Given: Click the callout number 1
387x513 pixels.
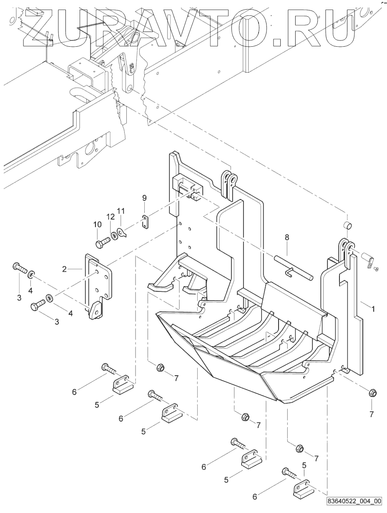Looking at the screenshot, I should [x=373, y=309].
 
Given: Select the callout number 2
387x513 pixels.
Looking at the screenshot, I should [x=65, y=269].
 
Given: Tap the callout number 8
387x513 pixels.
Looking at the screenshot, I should [x=286, y=237].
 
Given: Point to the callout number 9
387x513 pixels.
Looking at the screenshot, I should [x=144, y=197].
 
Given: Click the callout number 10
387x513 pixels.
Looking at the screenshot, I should [x=97, y=225].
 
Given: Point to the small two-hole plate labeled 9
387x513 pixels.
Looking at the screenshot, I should [x=144, y=222].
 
